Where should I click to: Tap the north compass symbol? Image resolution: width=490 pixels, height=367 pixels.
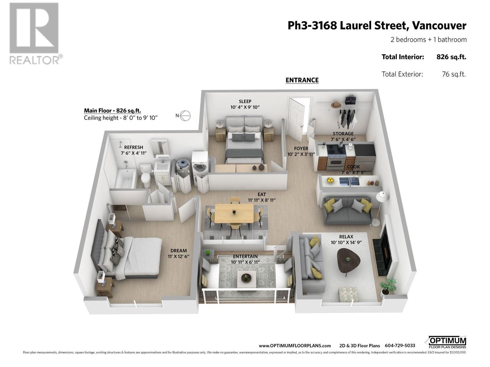[185, 116]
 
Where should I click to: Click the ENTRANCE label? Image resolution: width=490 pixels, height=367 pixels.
[302, 80]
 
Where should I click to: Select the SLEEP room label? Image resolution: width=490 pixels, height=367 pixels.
[245, 101]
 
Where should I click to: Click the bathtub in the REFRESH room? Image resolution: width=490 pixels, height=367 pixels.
[125, 179]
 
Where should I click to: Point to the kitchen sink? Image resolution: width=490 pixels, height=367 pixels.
[349, 181]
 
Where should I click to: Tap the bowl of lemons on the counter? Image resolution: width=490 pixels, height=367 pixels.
[330, 180]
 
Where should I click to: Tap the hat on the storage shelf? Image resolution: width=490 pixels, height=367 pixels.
[336, 105]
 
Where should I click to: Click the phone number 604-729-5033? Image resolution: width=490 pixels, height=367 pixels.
[400, 346]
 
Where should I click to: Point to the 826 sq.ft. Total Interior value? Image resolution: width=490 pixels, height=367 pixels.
[451, 57]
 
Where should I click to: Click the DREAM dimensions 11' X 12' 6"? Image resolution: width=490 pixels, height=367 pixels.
[179, 256]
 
